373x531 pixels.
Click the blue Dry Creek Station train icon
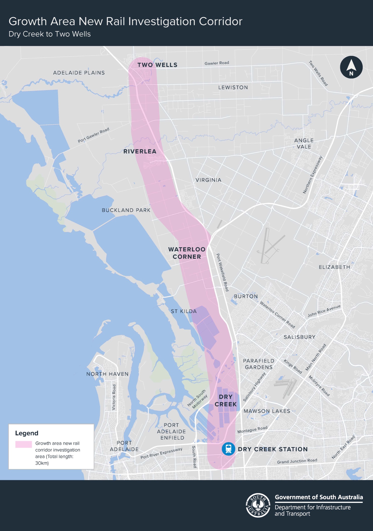[228, 449]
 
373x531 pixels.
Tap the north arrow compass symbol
[351, 67]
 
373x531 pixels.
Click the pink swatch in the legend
[23, 444]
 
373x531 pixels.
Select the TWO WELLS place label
[157, 65]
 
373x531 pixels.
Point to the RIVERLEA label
[140, 151]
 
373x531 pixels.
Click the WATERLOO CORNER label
[187, 253]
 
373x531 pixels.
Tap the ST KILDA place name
[184, 311]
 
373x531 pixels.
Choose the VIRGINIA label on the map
[208, 180]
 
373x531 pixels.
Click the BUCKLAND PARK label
[126, 210]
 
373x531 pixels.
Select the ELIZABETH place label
[334, 267]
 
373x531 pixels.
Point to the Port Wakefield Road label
[223, 273]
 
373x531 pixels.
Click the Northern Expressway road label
[313, 175]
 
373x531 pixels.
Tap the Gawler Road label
[217, 63]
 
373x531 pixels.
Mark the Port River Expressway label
[161, 453]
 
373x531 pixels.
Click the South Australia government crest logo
[258, 505]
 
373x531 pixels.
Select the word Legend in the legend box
[27, 433]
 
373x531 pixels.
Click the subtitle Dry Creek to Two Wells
[50, 34]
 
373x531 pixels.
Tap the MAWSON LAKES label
[267, 411]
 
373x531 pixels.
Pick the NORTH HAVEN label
[107, 374]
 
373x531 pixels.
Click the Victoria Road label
[114, 397]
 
